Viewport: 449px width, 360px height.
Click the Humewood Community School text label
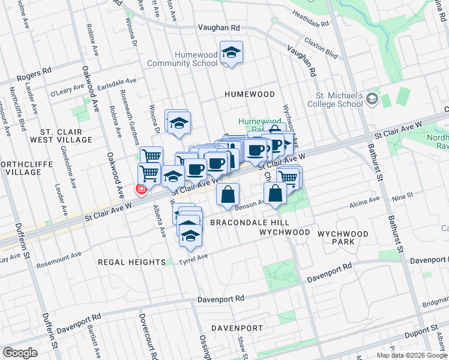click(196, 59)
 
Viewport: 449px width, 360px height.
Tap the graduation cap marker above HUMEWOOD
click(231, 53)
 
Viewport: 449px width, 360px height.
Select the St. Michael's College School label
click(339, 100)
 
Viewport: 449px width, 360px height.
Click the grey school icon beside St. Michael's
click(372, 98)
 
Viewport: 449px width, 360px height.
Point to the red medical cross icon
click(142, 190)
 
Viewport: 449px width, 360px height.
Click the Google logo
click(20, 353)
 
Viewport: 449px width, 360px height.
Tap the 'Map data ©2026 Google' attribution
click(412, 355)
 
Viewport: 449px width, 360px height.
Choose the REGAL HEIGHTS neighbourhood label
click(131, 262)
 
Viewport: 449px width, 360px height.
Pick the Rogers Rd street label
click(34, 75)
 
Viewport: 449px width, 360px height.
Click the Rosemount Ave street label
click(58, 254)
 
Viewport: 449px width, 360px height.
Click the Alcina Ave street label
click(365, 199)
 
